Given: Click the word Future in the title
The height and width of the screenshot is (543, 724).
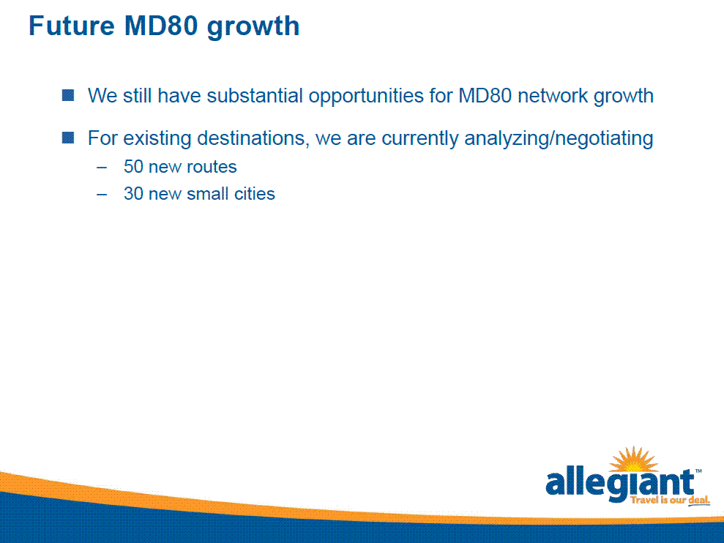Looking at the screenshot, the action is [x=71, y=26].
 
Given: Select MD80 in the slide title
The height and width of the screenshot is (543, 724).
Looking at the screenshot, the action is [x=161, y=26].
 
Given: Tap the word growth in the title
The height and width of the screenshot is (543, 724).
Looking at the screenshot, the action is [x=253, y=27].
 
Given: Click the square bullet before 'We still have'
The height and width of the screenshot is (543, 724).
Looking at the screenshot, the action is [x=68, y=96].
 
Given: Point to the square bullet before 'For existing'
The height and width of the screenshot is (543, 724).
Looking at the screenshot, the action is [x=68, y=138].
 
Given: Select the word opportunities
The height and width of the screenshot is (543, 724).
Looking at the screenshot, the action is [x=366, y=97].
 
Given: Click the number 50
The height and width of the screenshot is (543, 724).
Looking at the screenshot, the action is [x=133, y=167].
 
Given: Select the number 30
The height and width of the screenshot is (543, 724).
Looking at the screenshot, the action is [x=133, y=193].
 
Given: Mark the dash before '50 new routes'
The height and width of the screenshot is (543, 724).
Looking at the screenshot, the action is [x=102, y=167].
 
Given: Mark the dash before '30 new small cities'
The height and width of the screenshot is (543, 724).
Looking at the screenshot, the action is [x=102, y=195].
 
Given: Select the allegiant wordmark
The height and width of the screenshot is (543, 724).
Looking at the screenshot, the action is [x=620, y=484].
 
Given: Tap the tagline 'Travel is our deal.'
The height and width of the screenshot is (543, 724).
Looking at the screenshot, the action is [x=670, y=500].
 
